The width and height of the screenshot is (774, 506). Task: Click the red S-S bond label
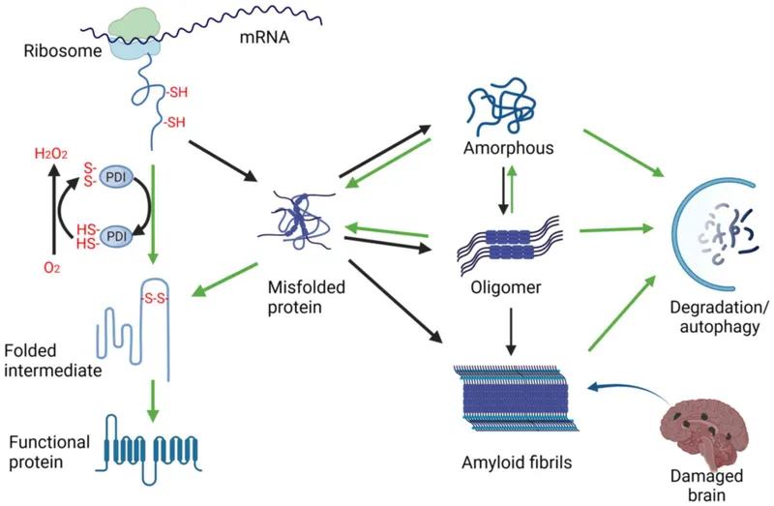155,299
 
